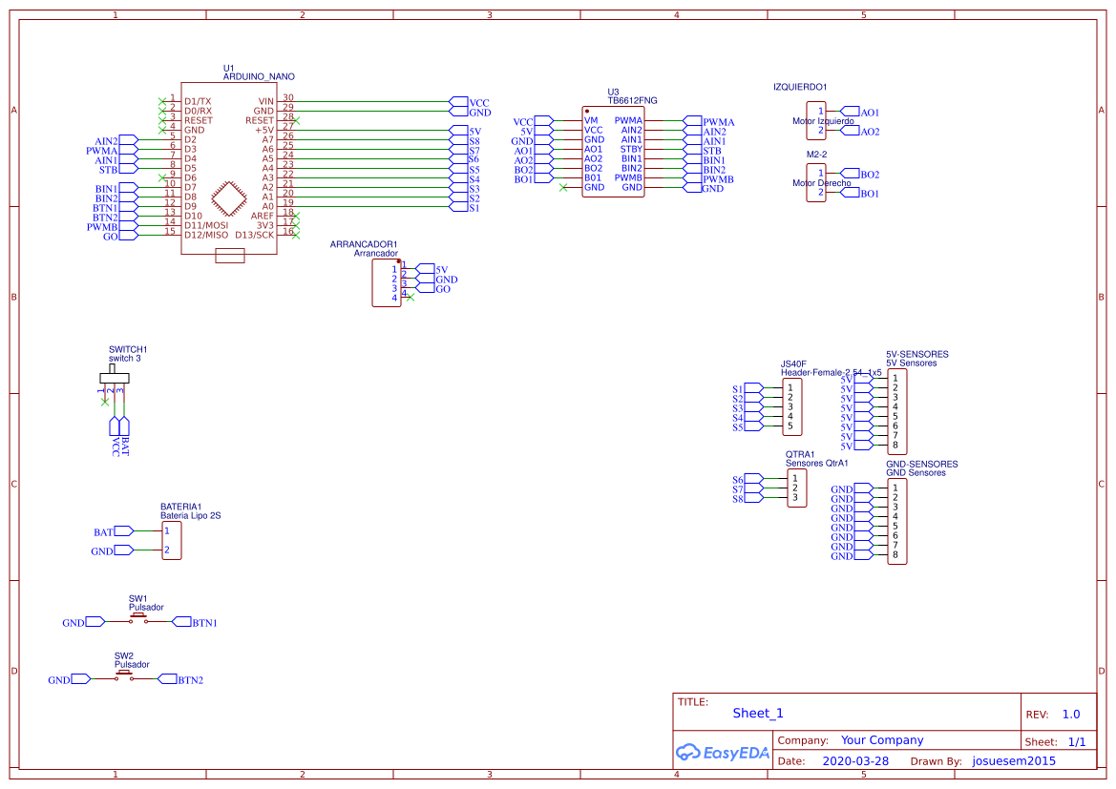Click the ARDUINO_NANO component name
pyautogui.click(x=259, y=76)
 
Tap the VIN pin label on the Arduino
pyautogui.click(x=265, y=101)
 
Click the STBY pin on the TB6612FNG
pyautogui.click(x=631, y=150)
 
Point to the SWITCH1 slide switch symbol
pyautogui.click(x=115, y=377)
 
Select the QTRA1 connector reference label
pyautogui.click(x=800, y=454)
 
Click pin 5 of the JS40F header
pyautogui.click(x=790, y=426)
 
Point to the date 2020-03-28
pyautogui.click(x=854, y=761)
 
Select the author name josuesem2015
pyautogui.click(x=1014, y=761)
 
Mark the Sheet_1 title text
pyautogui.click(x=758, y=714)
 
